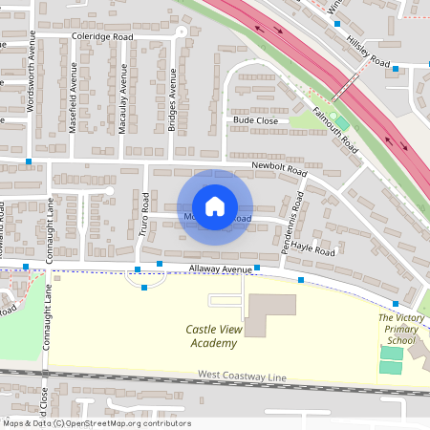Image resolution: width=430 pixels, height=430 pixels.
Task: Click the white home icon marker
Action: point(215,206)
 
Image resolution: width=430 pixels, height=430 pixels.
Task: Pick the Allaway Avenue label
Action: point(221,270)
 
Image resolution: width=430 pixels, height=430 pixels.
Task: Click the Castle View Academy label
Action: point(212,336)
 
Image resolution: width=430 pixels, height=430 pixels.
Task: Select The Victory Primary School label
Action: point(399,329)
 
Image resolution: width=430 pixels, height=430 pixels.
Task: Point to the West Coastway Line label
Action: point(242,377)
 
